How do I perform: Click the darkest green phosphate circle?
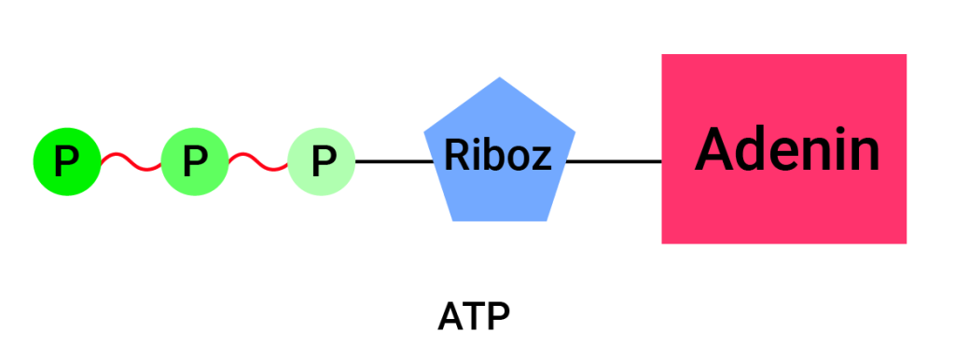tap(65, 162)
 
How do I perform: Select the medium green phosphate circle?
tap(194, 162)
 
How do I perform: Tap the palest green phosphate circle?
tap(322, 162)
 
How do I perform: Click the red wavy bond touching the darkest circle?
tap(130, 162)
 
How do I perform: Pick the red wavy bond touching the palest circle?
tap(258, 162)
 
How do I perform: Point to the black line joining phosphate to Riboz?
tap(392, 161)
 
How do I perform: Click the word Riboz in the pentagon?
tap(498, 155)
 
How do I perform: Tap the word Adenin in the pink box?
tap(786, 149)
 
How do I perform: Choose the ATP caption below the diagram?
tap(474, 317)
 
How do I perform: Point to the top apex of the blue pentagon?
tap(500, 78)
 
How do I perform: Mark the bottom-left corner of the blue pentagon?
tap(453, 220)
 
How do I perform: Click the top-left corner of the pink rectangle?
tap(663, 55)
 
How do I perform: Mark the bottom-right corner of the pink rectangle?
tap(906, 242)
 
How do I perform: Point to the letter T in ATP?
tap(474, 317)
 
